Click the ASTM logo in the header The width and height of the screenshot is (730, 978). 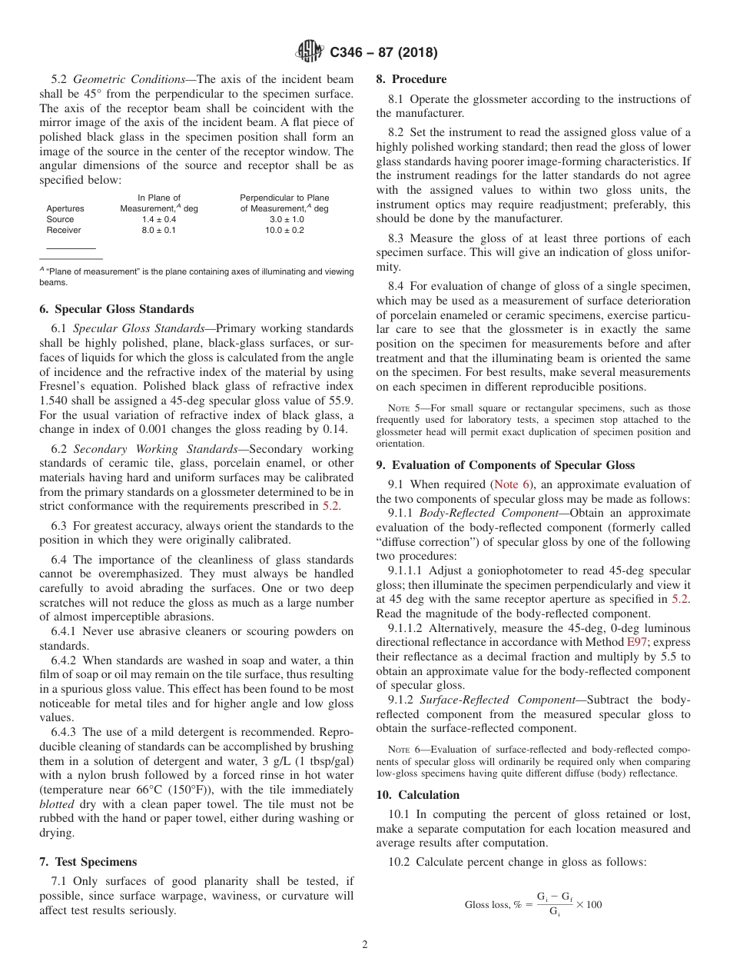click(x=310, y=52)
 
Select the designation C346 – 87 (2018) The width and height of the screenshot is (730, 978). click(x=383, y=52)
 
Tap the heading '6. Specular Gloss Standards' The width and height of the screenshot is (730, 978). click(x=117, y=309)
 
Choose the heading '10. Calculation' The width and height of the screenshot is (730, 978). click(x=418, y=795)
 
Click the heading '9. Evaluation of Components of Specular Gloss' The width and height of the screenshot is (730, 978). click(x=506, y=464)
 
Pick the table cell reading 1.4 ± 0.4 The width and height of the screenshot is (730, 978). click(x=159, y=219)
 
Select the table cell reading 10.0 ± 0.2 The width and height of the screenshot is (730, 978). click(x=284, y=230)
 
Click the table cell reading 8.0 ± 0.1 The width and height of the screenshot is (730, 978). click(x=159, y=230)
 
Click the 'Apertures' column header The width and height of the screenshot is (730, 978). click(x=65, y=208)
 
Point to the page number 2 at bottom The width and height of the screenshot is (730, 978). click(x=365, y=945)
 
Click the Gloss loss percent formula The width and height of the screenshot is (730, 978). click(x=533, y=904)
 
